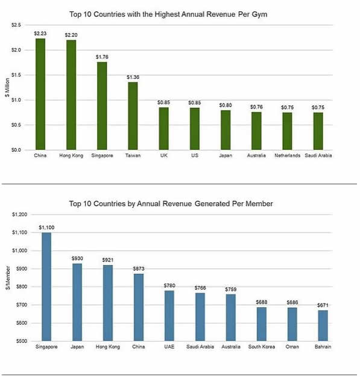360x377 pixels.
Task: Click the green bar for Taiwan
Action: pyautogui.click(x=133, y=116)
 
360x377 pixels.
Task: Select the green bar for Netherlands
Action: pyautogui.click(x=287, y=131)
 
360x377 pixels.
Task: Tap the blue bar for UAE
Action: pyautogui.click(x=169, y=316)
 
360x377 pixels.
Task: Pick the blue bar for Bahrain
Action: pyautogui.click(x=323, y=326)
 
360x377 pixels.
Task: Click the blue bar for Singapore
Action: pyautogui.click(x=46, y=287)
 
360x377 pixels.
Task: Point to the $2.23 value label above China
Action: pyautogui.click(x=40, y=33)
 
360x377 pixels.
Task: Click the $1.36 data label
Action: pyautogui.click(x=133, y=77)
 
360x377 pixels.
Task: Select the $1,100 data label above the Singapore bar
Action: pyautogui.click(x=46, y=228)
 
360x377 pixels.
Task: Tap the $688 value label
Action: pyautogui.click(x=262, y=302)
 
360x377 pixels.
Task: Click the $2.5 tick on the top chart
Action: pyautogui.click(x=16, y=25)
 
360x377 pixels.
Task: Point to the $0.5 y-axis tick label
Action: pyautogui.click(x=16, y=125)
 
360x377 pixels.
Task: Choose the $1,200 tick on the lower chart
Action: pyautogui.click(x=20, y=214)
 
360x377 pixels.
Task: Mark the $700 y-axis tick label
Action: pyautogui.click(x=22, y=305)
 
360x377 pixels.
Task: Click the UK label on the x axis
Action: pyautogui.click(x=164, y=155)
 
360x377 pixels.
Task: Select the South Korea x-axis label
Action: pyautogui.click(x=262, y=347)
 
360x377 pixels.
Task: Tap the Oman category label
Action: pyautogui.click(x=292, y=347)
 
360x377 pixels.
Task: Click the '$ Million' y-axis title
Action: pyautogui.click(x=7, y=87)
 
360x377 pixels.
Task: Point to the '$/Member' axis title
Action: pyautogui.click(x=8, y=278)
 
